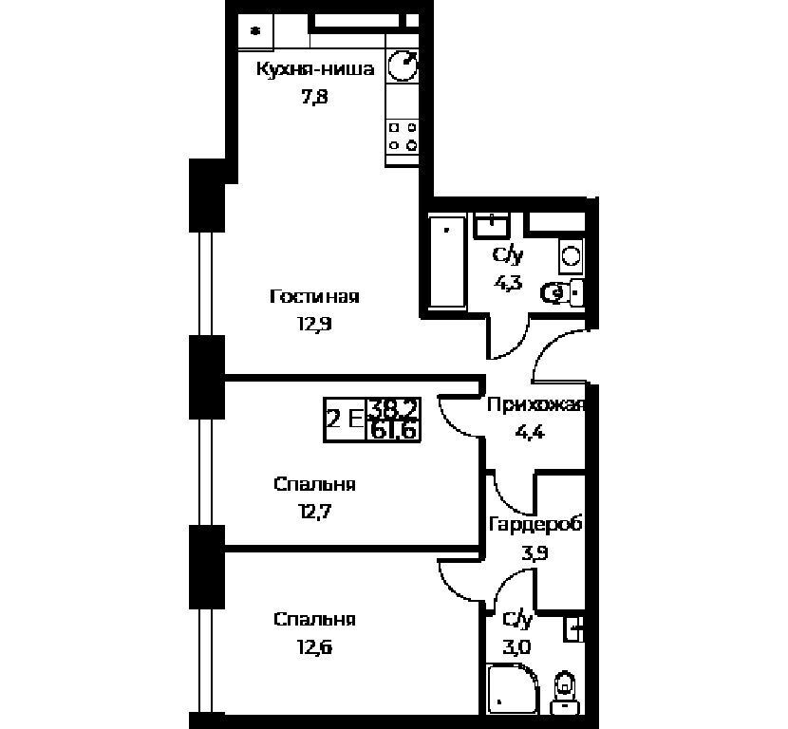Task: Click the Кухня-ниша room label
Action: pyautogui.click(x=315, y=69)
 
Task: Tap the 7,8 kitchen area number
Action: pyautogui.click(x=314, y=96)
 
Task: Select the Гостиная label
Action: pyautogui.click(x=314, y=296)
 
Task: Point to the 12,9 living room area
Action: pyautogui.click(x=314, y=324)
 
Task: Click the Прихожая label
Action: pyautogui.click(x=535, y=404)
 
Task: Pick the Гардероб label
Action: pyautogui.click(x=535, y=525)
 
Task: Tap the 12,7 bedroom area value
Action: pyautogui.click(x=314, y=512)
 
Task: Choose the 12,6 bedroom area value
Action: pyautogui.click(x=314, y=647)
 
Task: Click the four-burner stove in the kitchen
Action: pyautogui.click(x=403, y=137)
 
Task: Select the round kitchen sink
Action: pyautogui.click(x=403, y=65)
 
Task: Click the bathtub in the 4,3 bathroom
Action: pyautogui.click(x=447, y=261)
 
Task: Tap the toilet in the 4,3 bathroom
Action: pyautogui.click(x=562, y=293)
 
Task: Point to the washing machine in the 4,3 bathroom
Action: pyautogui.click(x=571, y=256)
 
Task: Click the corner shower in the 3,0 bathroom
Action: pyautogui.click(x=512, y=688)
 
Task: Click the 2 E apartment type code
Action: pyautogui.click(x=345, y=419)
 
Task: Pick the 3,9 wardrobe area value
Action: pyautogui.click(x=535, y=553)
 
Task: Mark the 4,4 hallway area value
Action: pyautogui.click(x=530, y=432)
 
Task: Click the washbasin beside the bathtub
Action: pyautogui.click(x=493, y=225)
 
